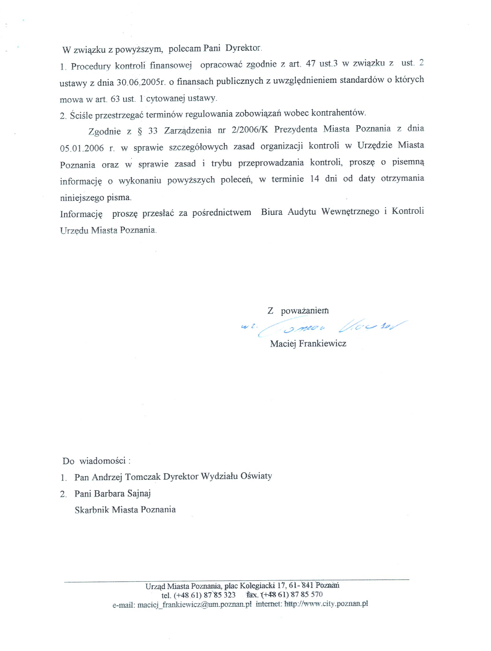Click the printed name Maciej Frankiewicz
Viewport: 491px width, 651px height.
308,343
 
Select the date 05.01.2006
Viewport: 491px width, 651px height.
82,148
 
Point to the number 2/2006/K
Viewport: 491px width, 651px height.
250,130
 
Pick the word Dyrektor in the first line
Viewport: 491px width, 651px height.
243,49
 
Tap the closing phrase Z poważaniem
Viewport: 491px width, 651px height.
298,311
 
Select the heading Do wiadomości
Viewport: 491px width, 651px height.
96,461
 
